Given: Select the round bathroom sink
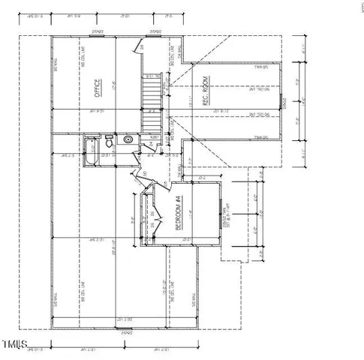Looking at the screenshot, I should pyautogui.click(x=128, y=139).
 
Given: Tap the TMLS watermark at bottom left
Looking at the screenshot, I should pyautogui.click(x=14, y=344).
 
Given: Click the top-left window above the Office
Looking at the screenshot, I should pyautogui.click(x=97, y=32).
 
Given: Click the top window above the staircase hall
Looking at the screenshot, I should pyautogui.click(x=155, y=32).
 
